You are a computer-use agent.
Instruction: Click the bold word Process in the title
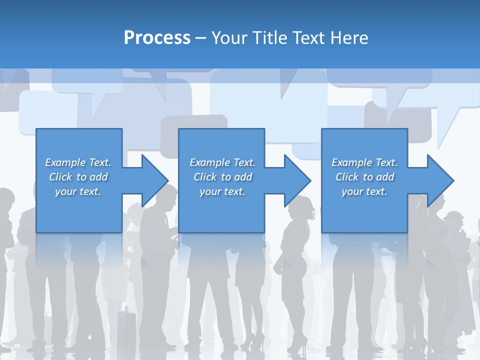pyautogui.click(x=157, y=38)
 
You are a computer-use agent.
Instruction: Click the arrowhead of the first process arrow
pyautogui.click(x=154, y=180)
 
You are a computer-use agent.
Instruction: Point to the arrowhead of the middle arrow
pyautogui.click(x=297, y=180)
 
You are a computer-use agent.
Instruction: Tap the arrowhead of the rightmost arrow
pyautogui.click(x=440, y=180)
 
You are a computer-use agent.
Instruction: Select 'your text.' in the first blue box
pyautogui.click(x=78, y=191)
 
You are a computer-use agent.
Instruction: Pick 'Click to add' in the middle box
pyautogui.click(x=222, y=177)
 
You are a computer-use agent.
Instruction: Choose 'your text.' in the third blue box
pyautogui.click(x=364, y=191)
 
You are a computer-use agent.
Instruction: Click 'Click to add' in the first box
pyautogui.click(x=78, y=177)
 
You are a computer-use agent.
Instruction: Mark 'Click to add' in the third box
pyautogui.click(x=364, y=177)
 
